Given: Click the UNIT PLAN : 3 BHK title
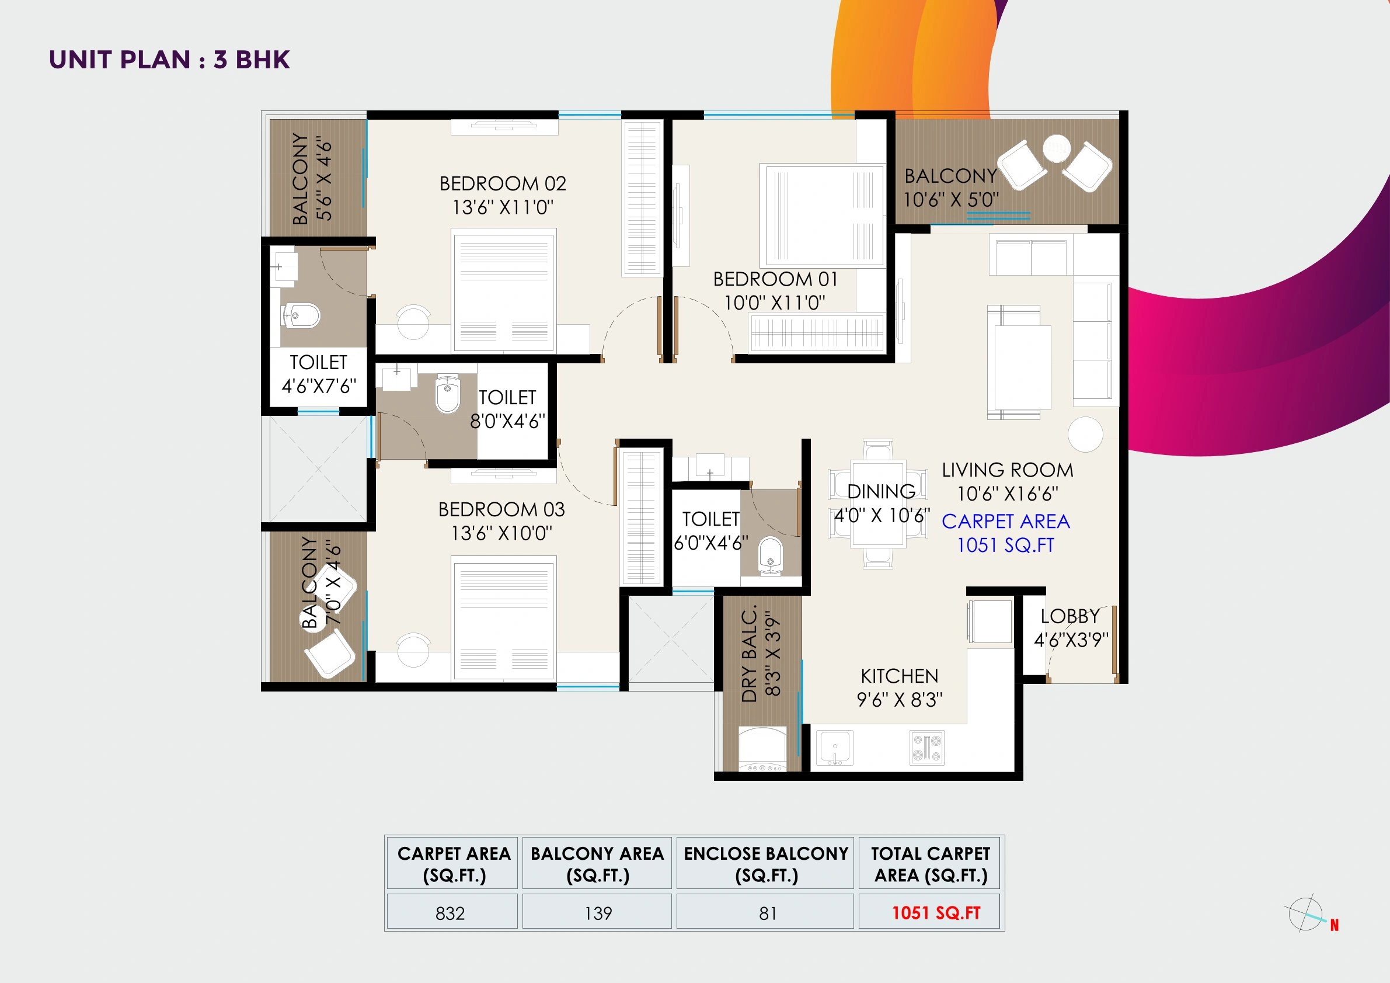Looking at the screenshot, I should pos(169,60).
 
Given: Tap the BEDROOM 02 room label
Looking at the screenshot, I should pos(503,183).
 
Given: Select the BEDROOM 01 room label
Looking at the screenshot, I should pos(775,279).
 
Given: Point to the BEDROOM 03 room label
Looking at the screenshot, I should pos(501,509).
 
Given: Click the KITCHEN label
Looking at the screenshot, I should pos(900,676).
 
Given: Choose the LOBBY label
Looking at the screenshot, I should pos(1070,616).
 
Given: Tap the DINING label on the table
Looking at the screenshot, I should pos(881,491).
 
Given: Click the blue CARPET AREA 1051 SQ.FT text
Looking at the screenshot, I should pos(1005,533).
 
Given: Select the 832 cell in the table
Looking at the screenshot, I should pos(451,913).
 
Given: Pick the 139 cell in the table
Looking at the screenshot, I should pos(598,913).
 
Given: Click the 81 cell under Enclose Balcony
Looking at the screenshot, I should pos(767,913).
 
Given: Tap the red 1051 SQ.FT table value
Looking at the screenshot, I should pos(936,913).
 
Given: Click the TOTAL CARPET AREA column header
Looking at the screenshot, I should pos(931,864).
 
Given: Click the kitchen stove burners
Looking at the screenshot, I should pos(927,748).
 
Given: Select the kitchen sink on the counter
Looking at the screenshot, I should pos(835,748).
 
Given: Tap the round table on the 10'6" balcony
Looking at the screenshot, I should pos(1057,148).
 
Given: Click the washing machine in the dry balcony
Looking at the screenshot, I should pos(762,750).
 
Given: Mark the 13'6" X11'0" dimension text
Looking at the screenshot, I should pos(503,207).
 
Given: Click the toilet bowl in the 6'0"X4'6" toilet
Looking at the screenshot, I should pos(770,553).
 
